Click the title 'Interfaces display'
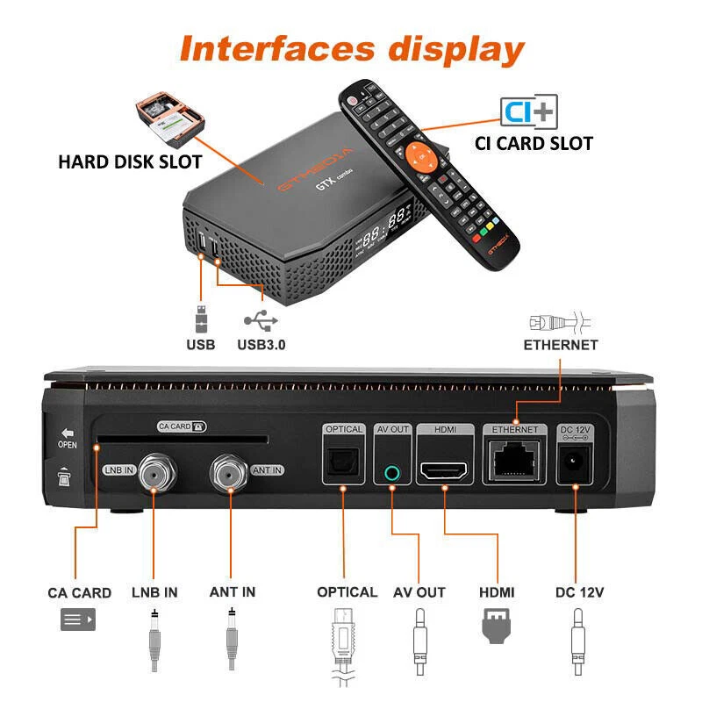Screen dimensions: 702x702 (x=351, y=48)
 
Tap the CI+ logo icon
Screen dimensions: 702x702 (x=528, y=111)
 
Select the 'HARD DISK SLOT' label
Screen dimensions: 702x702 (x=130, y=162)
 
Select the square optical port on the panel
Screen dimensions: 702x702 (x=343, y=469)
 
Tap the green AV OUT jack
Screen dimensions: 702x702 (x=391, y=472)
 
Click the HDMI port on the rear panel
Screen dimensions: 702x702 (x=445, y=470)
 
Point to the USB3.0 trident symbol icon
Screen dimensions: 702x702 (x=261, y=320)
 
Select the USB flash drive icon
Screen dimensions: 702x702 (x=200, y=317)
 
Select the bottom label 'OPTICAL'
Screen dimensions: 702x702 (x=347, y=592)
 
